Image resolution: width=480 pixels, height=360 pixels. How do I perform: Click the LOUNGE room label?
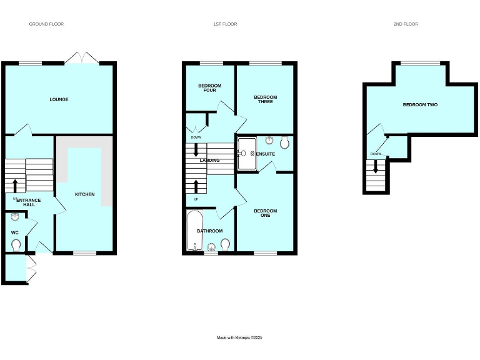(x=59, y=99)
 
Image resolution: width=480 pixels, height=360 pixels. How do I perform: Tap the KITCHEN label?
(x=85, y=194)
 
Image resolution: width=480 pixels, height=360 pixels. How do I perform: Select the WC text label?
(x=15, y=232)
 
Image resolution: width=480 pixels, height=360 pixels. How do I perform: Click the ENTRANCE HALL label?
(x=29, y=202)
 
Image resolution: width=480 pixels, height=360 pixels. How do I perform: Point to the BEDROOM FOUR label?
(x=210, y=87)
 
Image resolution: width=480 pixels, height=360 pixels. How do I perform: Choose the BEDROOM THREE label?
(x=265, y=99)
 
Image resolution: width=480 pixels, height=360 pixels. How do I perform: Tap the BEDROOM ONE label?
(x=265, y=213)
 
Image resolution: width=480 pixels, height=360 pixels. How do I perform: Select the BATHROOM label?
(x=210, y=231)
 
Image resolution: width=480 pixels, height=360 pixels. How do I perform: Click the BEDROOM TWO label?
(x=420, y=105)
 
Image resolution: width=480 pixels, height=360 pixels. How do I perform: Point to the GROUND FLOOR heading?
(x=46, y=24)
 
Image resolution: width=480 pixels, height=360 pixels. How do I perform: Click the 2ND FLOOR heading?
(x=406, y=24)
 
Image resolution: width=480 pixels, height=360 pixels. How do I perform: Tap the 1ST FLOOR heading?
(x=225, y=24)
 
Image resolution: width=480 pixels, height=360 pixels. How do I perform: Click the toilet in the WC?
(x=16, y=244)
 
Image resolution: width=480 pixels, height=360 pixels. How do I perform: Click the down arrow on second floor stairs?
(x=375, y=166)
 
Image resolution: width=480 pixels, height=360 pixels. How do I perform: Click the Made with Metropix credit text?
(x=239, y=337)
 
